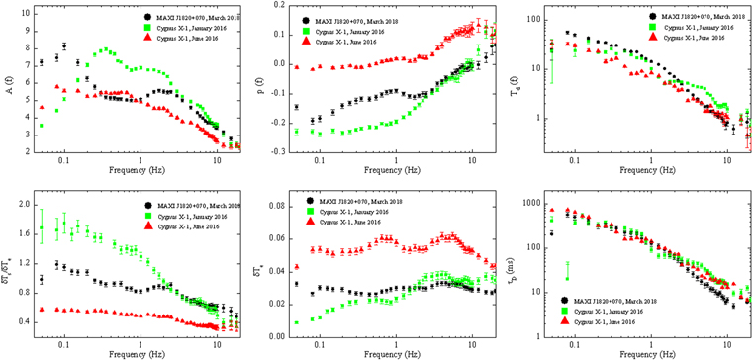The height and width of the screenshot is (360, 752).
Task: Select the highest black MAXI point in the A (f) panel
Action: coord(64,45)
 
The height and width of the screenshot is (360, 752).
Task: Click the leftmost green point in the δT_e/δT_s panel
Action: coord(42,228)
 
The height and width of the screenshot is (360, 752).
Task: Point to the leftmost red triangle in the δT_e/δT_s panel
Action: coord(41,309)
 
